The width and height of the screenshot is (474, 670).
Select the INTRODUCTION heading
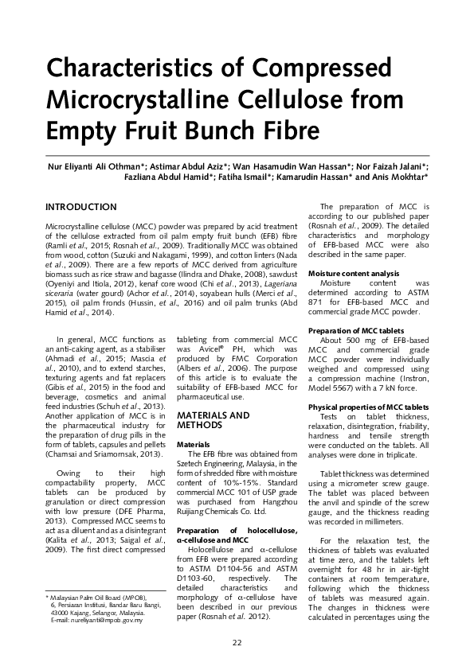(x=81, y=207)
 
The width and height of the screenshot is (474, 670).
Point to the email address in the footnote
(x=98, y=620)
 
